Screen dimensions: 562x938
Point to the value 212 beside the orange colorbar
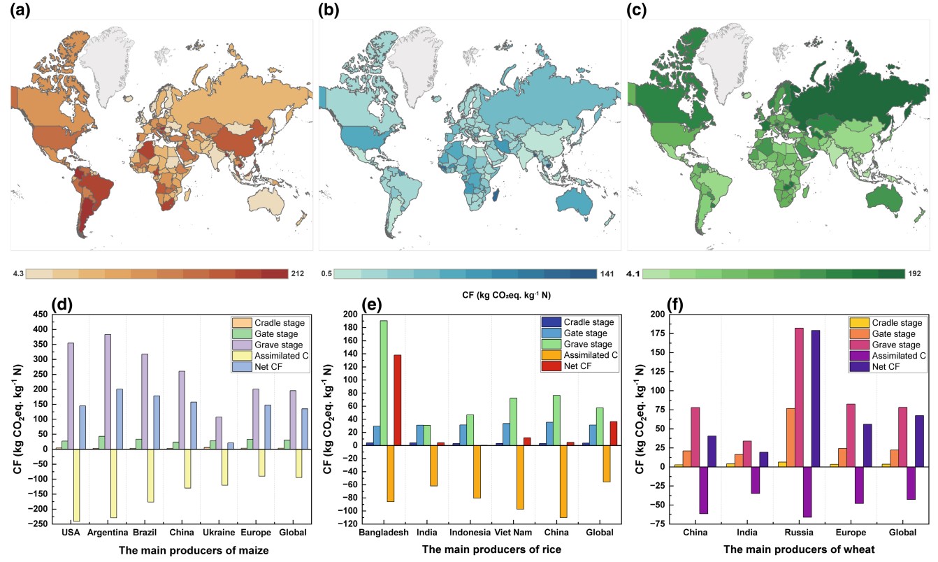(297, 274)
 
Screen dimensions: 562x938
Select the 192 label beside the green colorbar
(914, 274)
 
